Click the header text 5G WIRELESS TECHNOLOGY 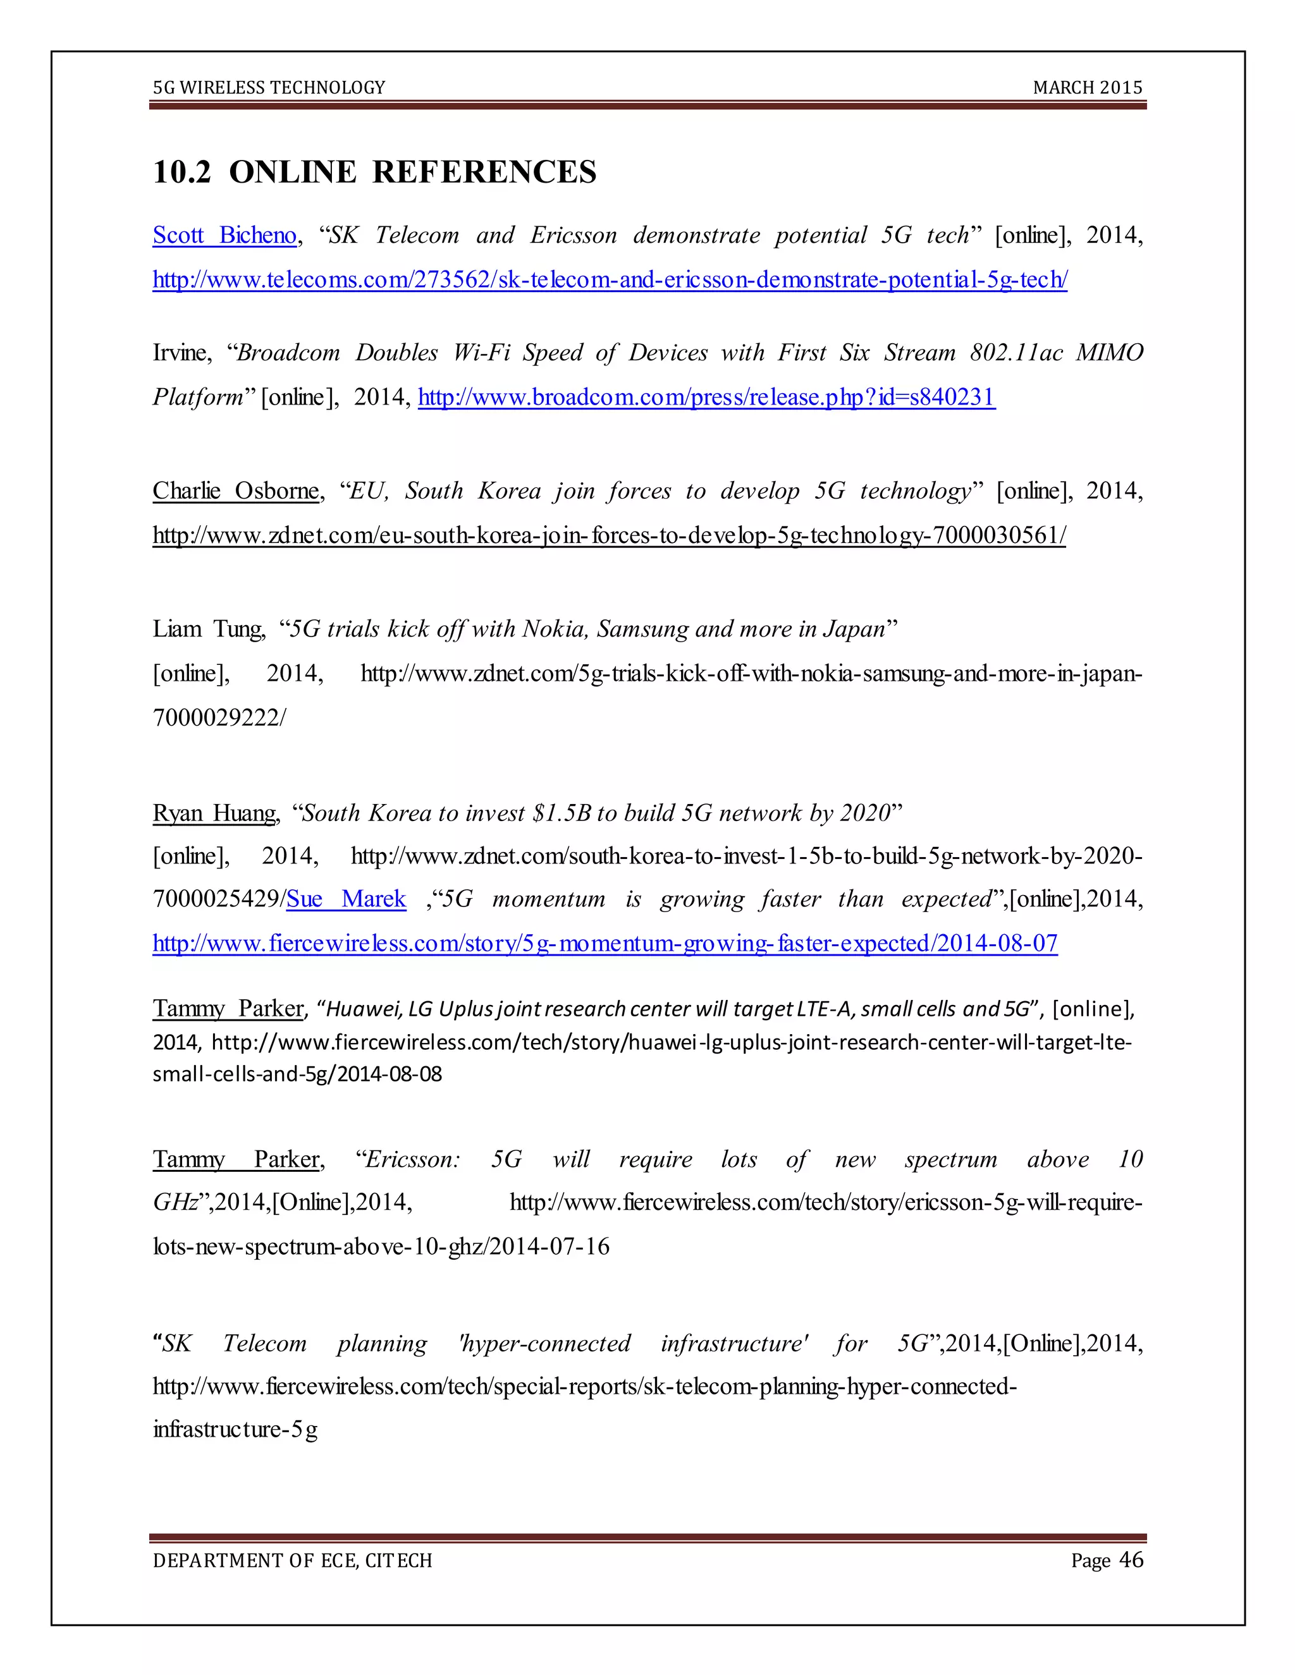coord(269,87)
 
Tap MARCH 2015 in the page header coord(1087,87)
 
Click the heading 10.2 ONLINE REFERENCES coord(374,172)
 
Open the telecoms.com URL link coord(610,279)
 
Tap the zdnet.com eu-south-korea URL coord(609,535)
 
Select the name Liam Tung coord(209,629)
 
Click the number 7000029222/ coord(219,718)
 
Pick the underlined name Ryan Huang coord(215,813)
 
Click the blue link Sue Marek coord(346,899)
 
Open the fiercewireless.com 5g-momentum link coord(605,942)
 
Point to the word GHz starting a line coord(176,1202)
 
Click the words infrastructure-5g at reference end coord(235,1430)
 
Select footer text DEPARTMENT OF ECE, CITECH coord(292,1561)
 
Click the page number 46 coord(1131,1559)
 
